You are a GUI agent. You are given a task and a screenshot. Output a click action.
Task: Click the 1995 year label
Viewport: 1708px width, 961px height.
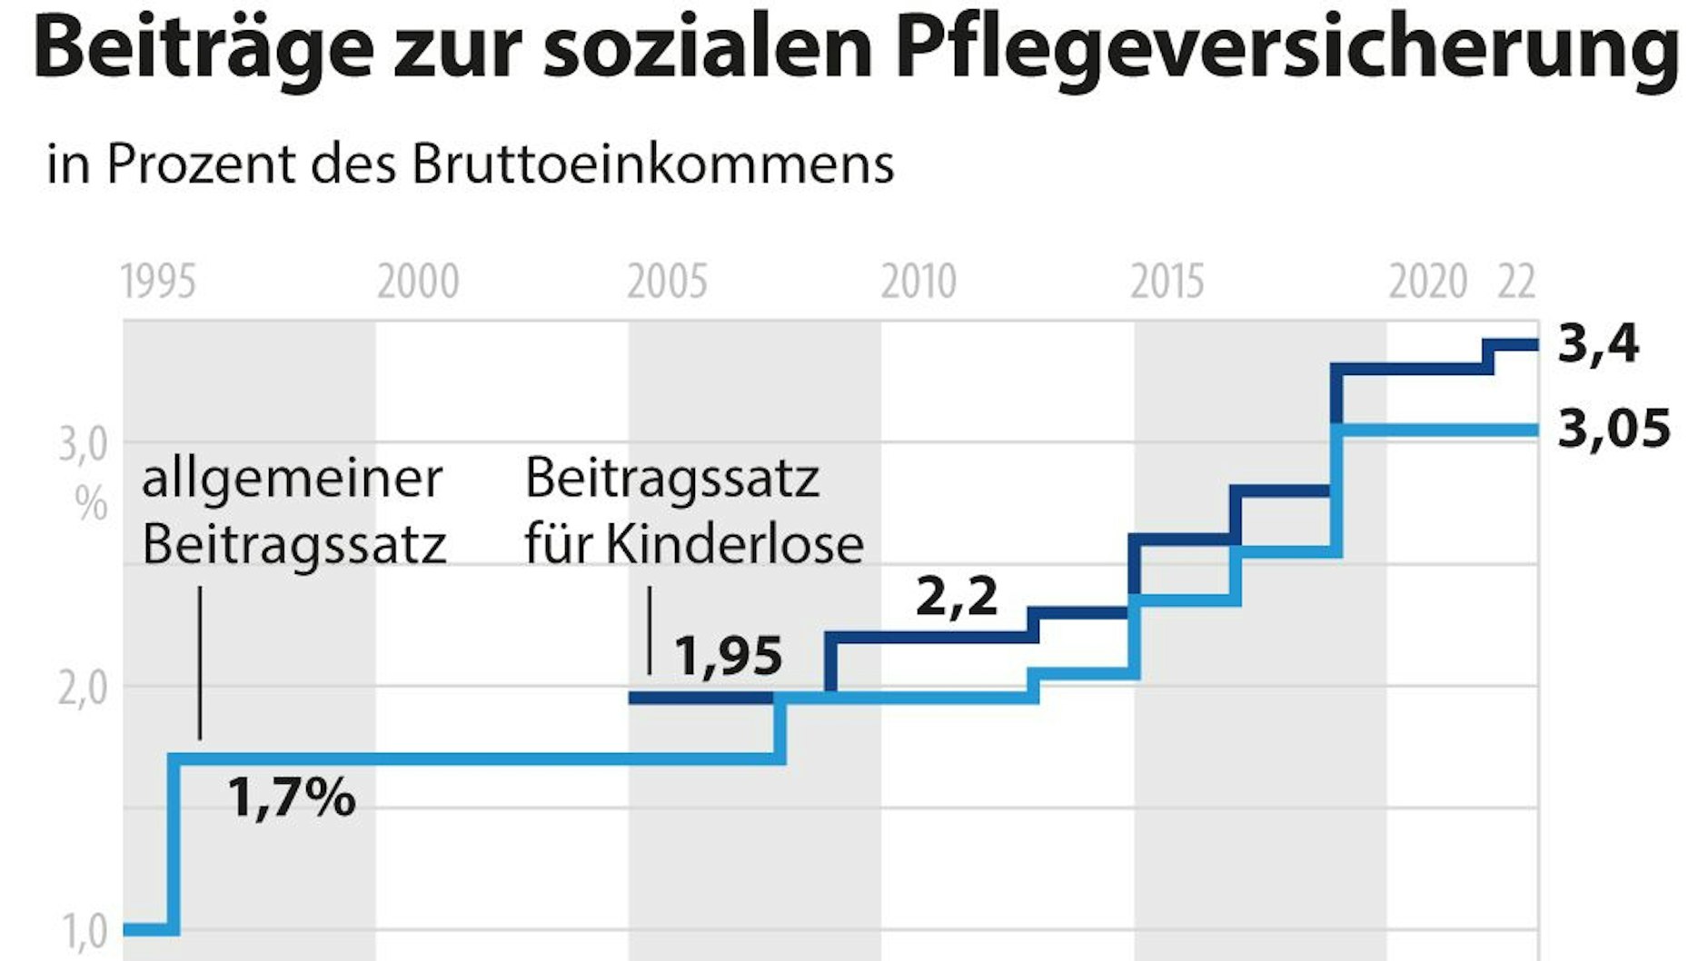pyautogui.click(x=158, y=282)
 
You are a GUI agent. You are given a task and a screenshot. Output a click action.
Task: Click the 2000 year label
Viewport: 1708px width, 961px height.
pyautogui.click(x=418, y=282)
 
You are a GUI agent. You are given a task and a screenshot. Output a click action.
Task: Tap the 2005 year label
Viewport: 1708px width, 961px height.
pyautogui.click(x=667, y=282)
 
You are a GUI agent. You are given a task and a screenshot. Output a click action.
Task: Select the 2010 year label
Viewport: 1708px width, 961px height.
pyautogui.click(x=919, y=282)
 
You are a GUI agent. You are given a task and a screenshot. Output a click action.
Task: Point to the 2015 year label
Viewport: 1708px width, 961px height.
pyautogui.click(x=1167, y=282)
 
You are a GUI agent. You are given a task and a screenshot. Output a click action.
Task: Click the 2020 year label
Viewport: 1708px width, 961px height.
pyautogui.click(x=1427, y=282)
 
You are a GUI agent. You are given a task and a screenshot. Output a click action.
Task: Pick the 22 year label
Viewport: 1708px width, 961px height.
pyautogui.click(x=1516, y=282)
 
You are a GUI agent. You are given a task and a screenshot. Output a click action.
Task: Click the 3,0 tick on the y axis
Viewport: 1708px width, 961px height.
pyautogui.click(x=83, y=446)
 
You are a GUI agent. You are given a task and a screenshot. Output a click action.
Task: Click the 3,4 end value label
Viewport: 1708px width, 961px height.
pyautogui.click(x=1598, y=344)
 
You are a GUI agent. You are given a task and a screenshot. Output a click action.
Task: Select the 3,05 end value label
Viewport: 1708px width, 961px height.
pyautogui.click(x=1614, y=429)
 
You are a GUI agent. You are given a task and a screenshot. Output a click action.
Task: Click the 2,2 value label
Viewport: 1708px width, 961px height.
pyautogui.click(x=957, y=597)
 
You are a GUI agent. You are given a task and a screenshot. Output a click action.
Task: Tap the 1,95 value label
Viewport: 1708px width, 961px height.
pyautogui.click(x=728, y=656)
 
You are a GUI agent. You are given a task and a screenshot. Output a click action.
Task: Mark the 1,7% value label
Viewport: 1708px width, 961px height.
pyautogui.click(x=291, y=798)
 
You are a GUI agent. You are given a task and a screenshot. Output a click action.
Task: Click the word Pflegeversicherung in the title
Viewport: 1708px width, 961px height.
pyautogui.click(x=1286, y=50)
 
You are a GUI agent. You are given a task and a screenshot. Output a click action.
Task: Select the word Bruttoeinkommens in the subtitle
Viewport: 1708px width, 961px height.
pyautogui.click(x=653, y=164)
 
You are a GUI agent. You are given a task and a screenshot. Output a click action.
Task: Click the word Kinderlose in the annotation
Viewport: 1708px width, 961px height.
pyautogui.click(x=734, y=545)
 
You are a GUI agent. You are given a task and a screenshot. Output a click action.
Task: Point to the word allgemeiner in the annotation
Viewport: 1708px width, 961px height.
pyautogui.click(x=292, y=480)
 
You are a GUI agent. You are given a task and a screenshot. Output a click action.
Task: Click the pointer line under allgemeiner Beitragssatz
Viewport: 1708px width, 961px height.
pyautogui.click(x=200, y=663)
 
